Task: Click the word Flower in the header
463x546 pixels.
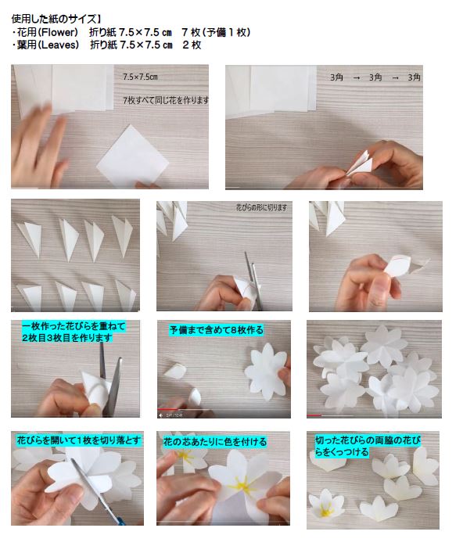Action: [59, 32]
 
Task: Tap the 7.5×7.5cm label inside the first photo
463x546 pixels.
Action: [140, 77]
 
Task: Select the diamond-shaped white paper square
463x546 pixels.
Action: [133, 156]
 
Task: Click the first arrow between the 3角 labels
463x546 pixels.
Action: [356, 78]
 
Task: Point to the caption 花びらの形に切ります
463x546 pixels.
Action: [262, 207]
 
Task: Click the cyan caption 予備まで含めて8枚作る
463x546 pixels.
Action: [217, 330]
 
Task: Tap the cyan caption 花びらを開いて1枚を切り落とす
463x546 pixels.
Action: [79, 440]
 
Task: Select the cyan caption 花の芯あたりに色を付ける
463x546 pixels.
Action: [215, 442]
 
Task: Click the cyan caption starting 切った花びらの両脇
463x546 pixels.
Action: [368, 446]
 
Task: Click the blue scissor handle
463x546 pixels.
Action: [120, 521]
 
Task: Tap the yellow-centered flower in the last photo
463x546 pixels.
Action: [325, 505]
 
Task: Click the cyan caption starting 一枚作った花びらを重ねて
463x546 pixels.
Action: [74, 332]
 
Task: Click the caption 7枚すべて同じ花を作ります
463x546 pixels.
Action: [166, 100]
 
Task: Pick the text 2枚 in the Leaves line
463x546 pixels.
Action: [192, 45]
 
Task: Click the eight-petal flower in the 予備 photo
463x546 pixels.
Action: [267, 372]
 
